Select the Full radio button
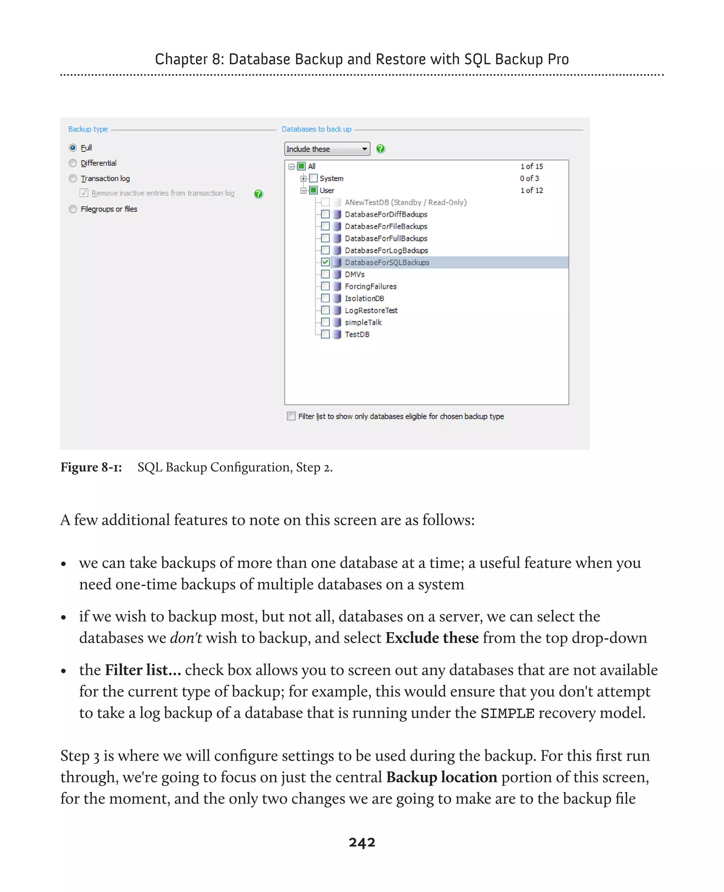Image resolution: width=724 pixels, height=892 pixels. click(73, 148)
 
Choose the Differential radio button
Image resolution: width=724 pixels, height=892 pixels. click(73, 163)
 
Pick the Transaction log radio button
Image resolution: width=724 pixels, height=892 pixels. click(73, 178)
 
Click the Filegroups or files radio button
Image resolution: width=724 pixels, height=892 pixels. click(73, 209)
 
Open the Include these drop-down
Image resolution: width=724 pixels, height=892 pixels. click(327, 149)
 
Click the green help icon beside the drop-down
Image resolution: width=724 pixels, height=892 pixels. click(380, 149)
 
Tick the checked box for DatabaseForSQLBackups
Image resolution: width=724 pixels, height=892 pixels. click(325, 262)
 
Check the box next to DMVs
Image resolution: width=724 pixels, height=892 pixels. click(325, 274)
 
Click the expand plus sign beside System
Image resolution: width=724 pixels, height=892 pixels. click(303, 178)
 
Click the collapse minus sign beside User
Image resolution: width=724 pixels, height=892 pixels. click(303, 190)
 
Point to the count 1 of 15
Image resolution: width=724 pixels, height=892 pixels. click(531, 166)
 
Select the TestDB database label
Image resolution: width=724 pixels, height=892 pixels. click(357, 334)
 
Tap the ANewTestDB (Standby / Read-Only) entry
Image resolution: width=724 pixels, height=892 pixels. click(405, 202)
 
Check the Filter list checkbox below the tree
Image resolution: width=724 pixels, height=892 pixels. click(291, 416)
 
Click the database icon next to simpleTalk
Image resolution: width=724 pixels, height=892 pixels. click(337, 322)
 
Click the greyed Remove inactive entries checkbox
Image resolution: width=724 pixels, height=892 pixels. click(84, 193)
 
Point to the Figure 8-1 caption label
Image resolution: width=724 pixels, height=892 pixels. click(91, 468)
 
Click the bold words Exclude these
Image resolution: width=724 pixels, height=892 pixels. click(432, 638)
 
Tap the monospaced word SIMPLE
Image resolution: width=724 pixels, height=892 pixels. click(507, 713)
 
